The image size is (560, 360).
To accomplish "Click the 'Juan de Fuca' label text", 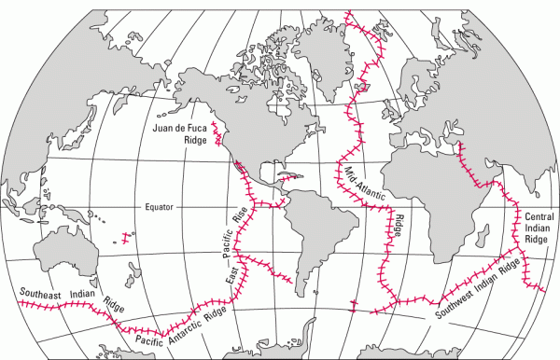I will pyautogui.click(x=180, y=127).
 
